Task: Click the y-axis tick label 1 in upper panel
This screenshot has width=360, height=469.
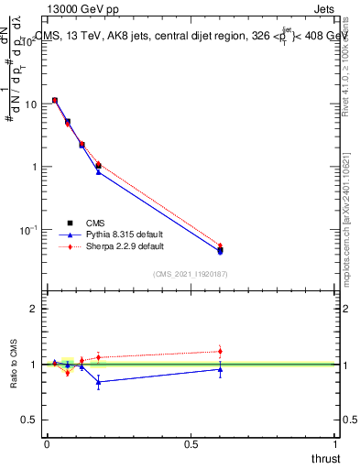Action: pos(35,167)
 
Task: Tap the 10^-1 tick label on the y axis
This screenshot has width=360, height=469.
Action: pos(27,229)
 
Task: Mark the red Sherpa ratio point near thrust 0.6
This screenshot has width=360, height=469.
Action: pos(220,351)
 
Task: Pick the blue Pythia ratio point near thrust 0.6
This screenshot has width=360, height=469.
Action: pos(220,369)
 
